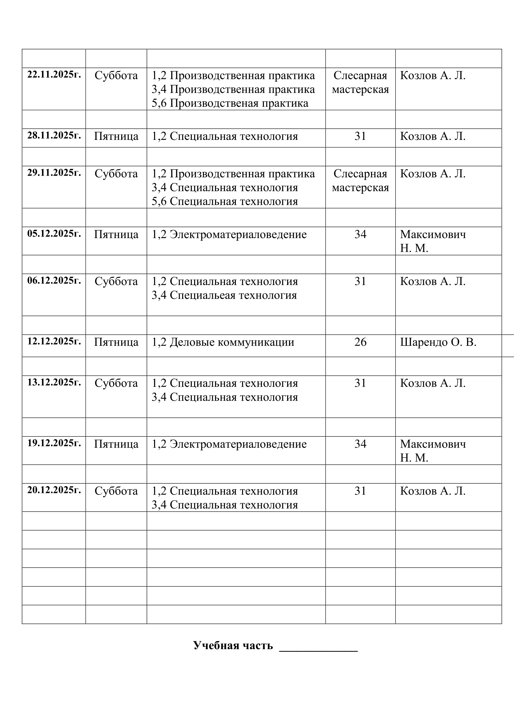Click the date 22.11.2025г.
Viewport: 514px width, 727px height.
pyautogui.click(x=54, y=74)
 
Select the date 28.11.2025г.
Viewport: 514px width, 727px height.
pyautogui.click(x=54, y=135)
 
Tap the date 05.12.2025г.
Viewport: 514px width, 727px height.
pyautogui.click(x=54, y=233)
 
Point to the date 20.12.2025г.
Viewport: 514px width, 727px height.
pyautogui.click(x=54, y=490)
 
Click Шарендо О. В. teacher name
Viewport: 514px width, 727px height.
pyautogui.click(x=438, y=342)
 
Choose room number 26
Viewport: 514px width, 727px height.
pyautogui.click(x=360, y=342)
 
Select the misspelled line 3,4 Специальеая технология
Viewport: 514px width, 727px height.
pyautogui.click(x=224, y=295)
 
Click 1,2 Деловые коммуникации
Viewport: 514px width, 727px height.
pyautogui.click(x=223, y=342)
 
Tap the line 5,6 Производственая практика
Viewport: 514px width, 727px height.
pyautogui.click(x=230, y=103)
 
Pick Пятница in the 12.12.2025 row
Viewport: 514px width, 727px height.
pyautogui.click(x=116, y=342)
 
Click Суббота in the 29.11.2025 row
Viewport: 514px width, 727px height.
pyautogui.click(x=116, y=174)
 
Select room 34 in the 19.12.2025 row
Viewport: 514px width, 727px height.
pyautogui.click(x=360, y=444)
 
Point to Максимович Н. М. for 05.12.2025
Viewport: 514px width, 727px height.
pyautogui.click(x=433, y=241)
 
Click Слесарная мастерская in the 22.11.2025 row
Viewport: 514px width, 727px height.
pyautogui.click(x=360, y=82)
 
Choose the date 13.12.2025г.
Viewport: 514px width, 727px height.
pyautogui.click(x=54, y=382)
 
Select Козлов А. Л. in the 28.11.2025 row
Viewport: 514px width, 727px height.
pyautogui.click(x=433, y=136)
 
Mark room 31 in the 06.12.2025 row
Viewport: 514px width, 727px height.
pyautogui.click(x=360, y=281)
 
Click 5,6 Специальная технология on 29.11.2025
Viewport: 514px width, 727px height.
pyautogui.click(x=225, y=201)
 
